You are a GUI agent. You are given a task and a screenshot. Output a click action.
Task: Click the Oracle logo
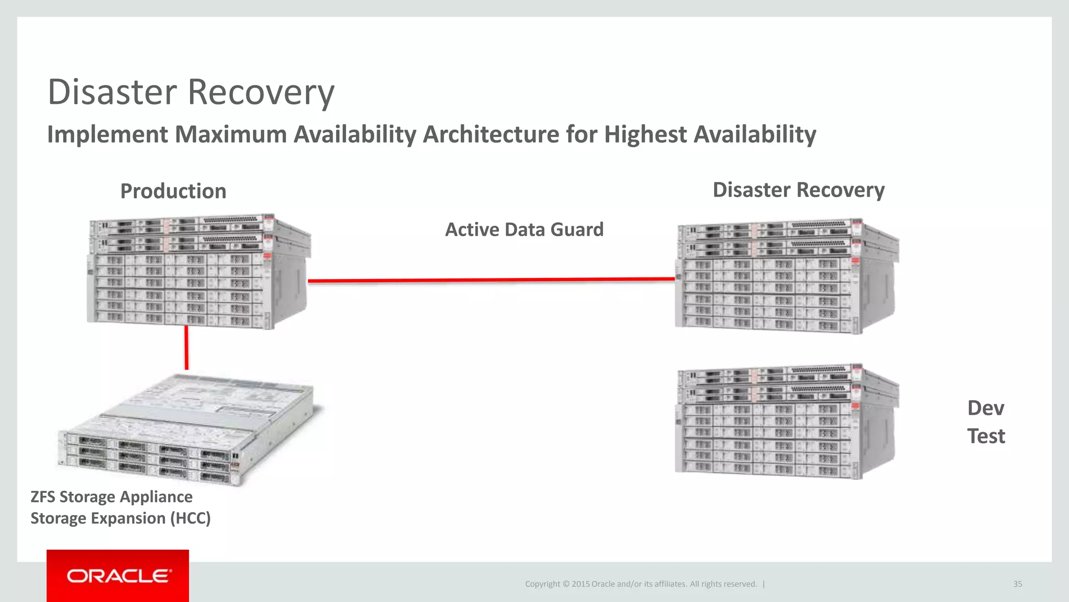(118, 576)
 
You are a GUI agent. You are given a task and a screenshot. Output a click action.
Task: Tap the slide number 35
(1017, 584)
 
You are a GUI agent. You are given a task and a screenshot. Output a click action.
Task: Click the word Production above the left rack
(173, 191)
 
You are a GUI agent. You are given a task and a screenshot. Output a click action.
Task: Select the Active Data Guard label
(524, 229)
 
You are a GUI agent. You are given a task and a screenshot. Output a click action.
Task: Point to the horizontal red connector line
(491, 281)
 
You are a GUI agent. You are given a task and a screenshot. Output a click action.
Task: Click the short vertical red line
(186, 348)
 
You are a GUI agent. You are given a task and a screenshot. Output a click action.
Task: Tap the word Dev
(985, 408)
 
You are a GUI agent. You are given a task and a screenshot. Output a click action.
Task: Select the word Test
(985, 436)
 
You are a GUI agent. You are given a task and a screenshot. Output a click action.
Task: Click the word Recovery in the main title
(260, 92)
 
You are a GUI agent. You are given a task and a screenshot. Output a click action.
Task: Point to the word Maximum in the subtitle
(231, 134)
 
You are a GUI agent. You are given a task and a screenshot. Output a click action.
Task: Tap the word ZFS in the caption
(43, 496)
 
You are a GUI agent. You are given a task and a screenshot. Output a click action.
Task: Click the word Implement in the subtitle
(108, 134)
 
